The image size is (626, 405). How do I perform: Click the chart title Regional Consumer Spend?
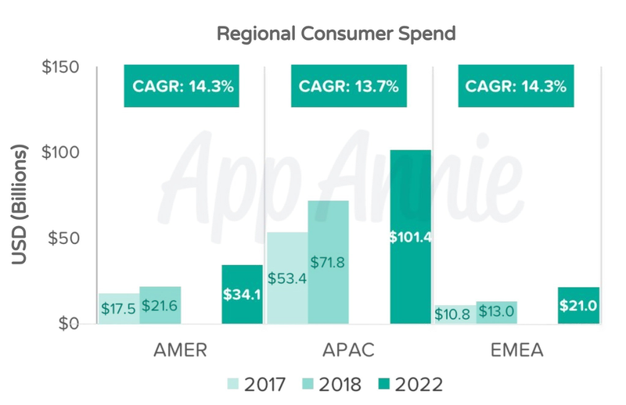[x=336, y=35]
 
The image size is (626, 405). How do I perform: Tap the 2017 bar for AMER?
[x=119, y=308]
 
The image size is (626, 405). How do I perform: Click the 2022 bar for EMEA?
[x=579, y=306]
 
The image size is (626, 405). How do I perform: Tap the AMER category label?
[x=180, y=349]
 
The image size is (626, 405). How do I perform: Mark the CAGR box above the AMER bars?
[x=180, y=86]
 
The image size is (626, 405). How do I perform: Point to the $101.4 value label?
[x=411, y=237]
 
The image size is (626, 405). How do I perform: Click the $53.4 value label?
[x=287, y=278]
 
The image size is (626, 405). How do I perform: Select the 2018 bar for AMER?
[x=160, y=305]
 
